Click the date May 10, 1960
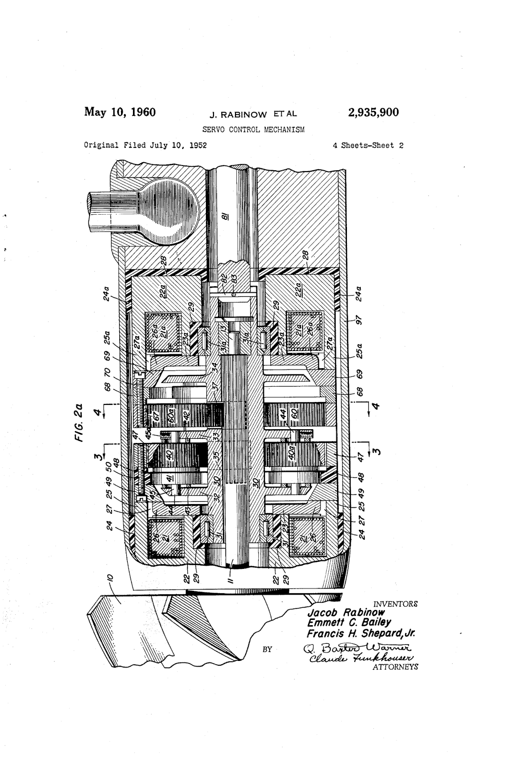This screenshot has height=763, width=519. coord(120,113)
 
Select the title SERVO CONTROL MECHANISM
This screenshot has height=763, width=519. coord(254,129)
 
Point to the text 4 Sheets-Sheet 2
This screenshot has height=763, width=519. coord(368,145)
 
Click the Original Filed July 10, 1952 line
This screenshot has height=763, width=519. coord(145,145)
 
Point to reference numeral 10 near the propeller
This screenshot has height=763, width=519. coord(111,578)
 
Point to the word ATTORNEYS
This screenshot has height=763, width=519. coord(394,667)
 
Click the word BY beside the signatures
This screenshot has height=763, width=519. coord(267,649)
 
